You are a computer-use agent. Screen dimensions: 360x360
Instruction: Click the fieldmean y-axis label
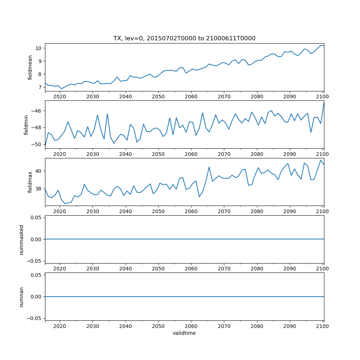click(30, 67)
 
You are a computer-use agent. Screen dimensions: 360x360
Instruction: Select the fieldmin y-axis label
click(26, 125)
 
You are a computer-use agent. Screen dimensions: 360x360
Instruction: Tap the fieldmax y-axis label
click(30, 182)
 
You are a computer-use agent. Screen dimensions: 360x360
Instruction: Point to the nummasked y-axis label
click(22, 239)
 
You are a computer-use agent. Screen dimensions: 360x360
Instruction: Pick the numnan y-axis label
click(22, 297)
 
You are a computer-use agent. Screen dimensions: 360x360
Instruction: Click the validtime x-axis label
click(184, 333)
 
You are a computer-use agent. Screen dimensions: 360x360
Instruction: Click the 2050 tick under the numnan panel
click(158, 326)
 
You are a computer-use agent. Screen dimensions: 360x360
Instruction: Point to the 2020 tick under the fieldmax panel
click(60, 211)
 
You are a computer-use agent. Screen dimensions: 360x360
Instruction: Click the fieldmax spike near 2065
click(209, 167)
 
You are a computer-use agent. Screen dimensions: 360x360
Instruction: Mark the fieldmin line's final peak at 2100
click(324, 103)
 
